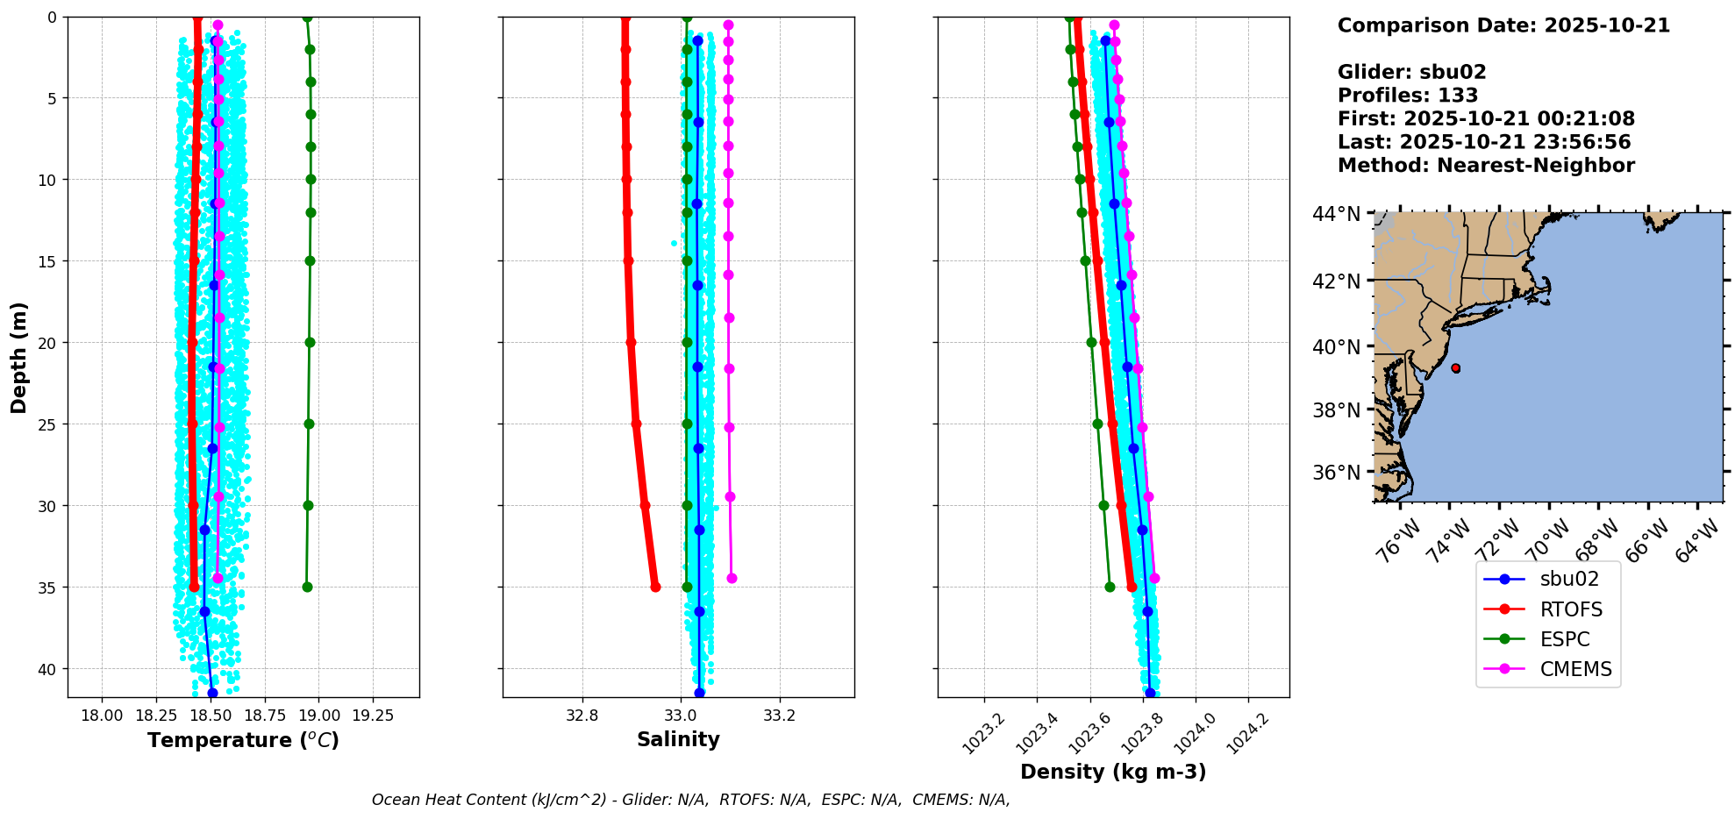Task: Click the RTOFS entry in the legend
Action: click(x=1570, y=609)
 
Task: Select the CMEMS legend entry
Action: click(x=1575, y=669)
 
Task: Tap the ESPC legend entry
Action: click(x=1564, y=639)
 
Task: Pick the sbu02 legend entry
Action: click(x=1569, y=579)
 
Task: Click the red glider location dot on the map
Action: click(x=1456, y=368)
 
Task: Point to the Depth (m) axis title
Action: click(x=19, y=358)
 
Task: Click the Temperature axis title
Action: click(x=243, y=740)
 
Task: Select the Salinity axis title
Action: click(x=678, y=739)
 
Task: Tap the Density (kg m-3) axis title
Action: click(x=1113, y=772)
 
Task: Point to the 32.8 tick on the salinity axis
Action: click(x=582, y=716)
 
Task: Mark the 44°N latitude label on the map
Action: click(x=1336, y=214)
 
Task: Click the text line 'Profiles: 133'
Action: click(x=1408, y=96)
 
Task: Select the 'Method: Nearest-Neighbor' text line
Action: click(x=1486, y=166)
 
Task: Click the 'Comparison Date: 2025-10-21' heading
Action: click(x=1503, y=25)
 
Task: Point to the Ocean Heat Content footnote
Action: click(x=690, y=800)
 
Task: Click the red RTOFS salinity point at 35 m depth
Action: click(x=655, y=587)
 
